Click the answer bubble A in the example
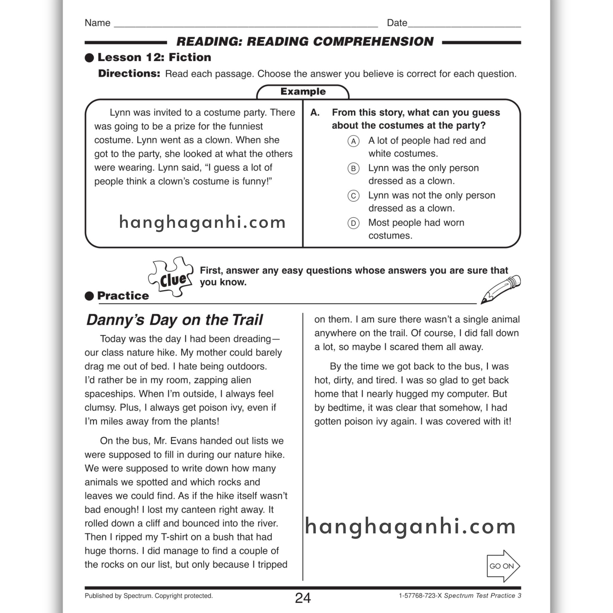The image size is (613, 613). pos(353,141)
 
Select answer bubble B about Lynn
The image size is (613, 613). pos(353,169)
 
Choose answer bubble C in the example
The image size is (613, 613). pos(353,196)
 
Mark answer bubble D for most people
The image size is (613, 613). pos(353,223)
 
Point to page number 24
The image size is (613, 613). pos(303,598)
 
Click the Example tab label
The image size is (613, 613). pos(303,92)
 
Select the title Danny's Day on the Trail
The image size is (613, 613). pos(175,320)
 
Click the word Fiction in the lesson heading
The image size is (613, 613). pos(190,57)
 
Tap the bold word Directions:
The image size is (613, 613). pos(129,74)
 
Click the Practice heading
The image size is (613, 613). pos(123,296)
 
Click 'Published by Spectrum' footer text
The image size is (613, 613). pos(148,596)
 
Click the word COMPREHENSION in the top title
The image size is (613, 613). pos(373,42)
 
